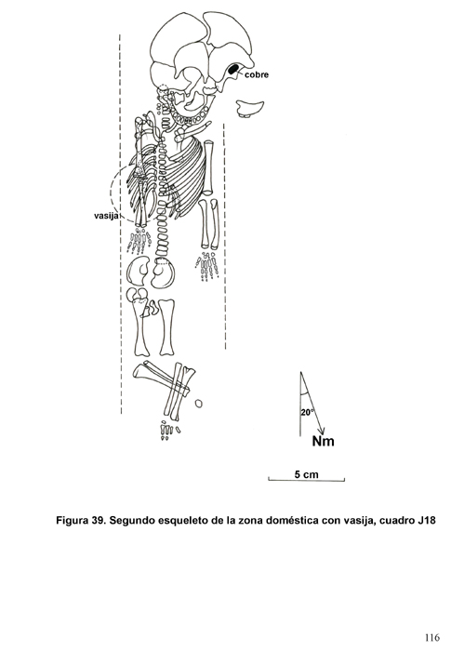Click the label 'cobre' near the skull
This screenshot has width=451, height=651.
coord(257,74)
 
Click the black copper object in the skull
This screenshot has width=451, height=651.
coord(233,69)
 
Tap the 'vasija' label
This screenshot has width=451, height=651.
coord(106,216)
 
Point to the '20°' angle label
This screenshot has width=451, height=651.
coord(307,412)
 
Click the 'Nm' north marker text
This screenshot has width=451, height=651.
coord(323,441)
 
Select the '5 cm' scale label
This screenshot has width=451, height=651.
coord(307,474)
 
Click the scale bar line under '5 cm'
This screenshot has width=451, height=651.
coord(307,481)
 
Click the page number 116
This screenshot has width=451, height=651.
coord(432,637)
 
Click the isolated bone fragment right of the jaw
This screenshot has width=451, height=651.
coord(249,108)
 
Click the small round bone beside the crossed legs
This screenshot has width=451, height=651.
coord(198,403)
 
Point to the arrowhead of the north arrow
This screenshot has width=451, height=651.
coord(323,431)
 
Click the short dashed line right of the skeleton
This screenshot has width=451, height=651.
coord(225,236)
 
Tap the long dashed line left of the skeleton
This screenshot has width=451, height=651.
coord(121,224)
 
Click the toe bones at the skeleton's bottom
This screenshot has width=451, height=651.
coord(169,430)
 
